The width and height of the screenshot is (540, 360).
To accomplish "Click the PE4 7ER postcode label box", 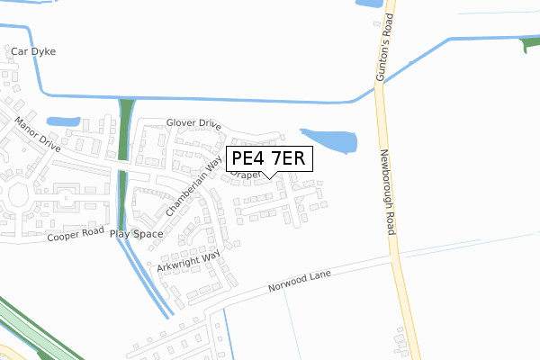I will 268,158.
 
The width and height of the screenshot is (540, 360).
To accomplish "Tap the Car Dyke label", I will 33,52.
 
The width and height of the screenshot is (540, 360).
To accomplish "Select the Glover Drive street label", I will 193,123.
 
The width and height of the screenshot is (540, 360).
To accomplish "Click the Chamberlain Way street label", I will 193,186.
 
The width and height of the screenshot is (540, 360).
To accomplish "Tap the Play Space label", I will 137,234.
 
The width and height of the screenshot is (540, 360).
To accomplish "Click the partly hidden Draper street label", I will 243,176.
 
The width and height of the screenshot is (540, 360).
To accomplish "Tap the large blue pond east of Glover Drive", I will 329,140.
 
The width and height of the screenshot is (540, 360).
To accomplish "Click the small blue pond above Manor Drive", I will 62,121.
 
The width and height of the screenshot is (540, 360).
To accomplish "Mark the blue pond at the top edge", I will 369,4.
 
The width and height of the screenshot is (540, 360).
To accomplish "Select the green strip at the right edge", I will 530,45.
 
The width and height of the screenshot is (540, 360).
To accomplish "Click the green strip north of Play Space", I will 125,130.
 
